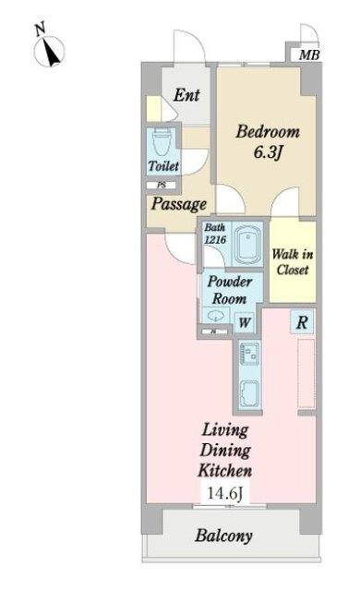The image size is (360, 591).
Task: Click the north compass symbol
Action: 49,49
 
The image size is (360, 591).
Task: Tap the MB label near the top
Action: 309,55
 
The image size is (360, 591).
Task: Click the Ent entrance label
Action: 186,94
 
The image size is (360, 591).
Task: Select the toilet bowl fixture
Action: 162,142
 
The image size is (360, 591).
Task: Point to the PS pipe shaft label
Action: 162,186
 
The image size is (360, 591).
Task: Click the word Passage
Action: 179,204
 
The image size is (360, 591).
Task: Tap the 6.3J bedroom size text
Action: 268,152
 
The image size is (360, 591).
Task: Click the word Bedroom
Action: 268,131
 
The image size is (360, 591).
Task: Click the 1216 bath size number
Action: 215,240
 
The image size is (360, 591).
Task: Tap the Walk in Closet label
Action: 293,262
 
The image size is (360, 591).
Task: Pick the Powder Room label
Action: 229,290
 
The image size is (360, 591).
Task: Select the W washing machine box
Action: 245,322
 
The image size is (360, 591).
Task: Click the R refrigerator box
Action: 302,322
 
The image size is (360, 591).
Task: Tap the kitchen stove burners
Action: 249,353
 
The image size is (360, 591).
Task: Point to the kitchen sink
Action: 249,393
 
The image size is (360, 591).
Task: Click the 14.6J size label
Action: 225,493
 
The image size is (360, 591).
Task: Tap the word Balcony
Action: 223,536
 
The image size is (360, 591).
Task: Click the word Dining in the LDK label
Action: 225,451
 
